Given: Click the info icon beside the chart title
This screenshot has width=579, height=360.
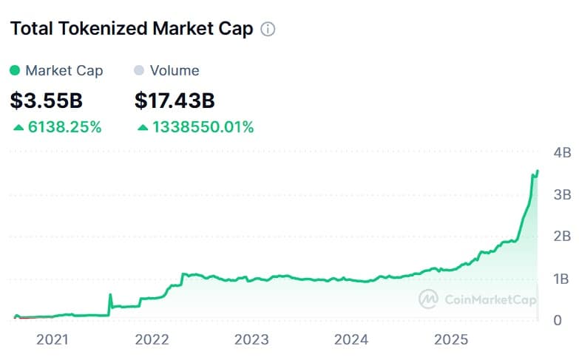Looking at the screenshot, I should pyautogui.click(x=268, y=30).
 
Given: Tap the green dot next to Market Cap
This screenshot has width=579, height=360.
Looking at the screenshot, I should pyautogui.click(x=15, y=71).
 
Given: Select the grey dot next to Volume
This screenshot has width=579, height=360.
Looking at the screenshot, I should pyautogui.click(x=138, y=71).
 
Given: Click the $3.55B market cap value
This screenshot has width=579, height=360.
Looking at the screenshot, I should pyautogui.click(x=47, y=100).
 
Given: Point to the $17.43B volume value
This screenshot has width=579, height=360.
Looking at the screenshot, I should pyautogui.click(x=175, y=100).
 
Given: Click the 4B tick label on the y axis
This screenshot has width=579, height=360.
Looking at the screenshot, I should pyautogui.click(x=562, y=153).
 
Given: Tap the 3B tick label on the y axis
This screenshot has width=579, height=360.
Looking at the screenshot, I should pyautogui.click(x=562, y=195).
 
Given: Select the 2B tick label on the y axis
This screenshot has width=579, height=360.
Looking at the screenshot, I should pyautogui.click(x=562, y=237).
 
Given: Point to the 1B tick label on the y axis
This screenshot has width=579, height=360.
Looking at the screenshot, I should pyautogui.click(x=562, y=279).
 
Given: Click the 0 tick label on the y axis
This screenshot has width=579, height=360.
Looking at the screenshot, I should pyautogui.click(x=557, y=320).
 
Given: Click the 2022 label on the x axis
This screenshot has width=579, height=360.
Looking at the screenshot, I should pyautogui.click(x=152, y=340).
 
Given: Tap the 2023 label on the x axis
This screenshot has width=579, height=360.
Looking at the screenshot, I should pyautogui.click(x=251, y=340).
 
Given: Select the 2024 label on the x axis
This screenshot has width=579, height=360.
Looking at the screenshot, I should pyautogui.click(x=351, y=340).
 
